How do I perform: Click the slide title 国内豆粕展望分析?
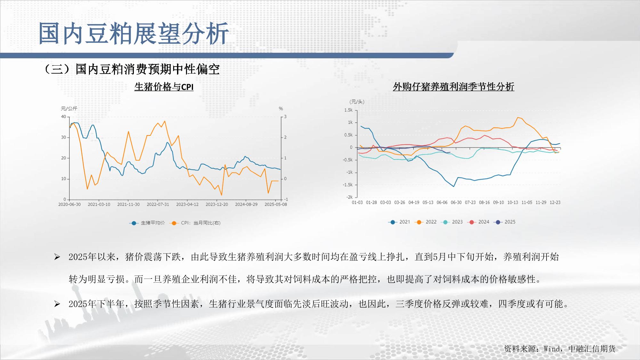134,33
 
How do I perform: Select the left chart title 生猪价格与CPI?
164,87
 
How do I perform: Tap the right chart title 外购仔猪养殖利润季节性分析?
453,87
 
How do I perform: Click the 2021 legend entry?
399,222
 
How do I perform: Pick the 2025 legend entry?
504,222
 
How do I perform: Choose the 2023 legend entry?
451,222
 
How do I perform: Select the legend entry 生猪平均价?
147,223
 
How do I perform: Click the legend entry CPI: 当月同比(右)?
195,223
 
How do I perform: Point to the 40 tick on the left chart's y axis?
63,117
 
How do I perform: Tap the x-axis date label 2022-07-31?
158,204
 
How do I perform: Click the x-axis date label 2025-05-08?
276,204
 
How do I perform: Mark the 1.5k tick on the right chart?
348,110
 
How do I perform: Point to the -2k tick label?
349,197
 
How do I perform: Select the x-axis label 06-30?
456,203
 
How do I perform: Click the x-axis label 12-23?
555,203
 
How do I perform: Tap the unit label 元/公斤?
69,108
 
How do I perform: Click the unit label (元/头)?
357,102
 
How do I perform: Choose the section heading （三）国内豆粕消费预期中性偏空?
131,69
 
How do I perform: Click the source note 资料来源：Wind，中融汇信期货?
560,349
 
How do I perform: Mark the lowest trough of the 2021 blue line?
453,187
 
